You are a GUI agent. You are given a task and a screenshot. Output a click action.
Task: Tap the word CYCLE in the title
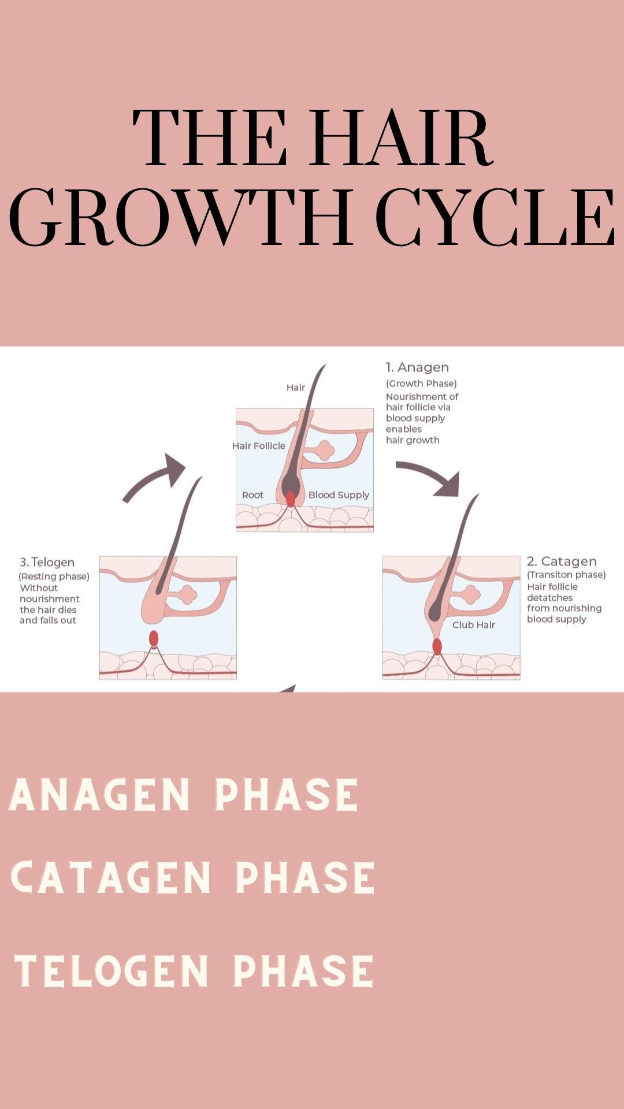tap(495, 217)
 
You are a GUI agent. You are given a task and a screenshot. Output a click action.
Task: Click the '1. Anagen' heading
tap(417, 367)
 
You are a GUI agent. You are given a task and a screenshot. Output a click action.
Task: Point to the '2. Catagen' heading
tap(562, 561)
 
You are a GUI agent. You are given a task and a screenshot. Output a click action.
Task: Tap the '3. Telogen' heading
tap(47, 562)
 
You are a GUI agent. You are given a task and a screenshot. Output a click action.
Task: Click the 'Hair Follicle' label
tap(259, 446)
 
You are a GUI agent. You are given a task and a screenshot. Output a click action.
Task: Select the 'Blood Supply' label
tap(339, 495)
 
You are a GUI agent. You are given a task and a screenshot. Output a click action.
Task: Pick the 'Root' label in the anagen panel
tap(252, 495)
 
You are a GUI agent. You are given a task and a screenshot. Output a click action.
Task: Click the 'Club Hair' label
tap(474, 625)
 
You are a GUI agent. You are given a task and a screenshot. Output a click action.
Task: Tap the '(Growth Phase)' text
tap(421, 384)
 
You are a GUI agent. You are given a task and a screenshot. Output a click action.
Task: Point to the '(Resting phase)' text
tap(54, 576)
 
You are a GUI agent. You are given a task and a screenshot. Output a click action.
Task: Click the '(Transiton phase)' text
tap(566, 575)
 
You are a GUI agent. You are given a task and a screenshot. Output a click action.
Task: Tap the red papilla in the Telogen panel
tap(154, 639)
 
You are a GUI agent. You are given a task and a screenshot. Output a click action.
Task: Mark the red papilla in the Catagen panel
tap(437, 646)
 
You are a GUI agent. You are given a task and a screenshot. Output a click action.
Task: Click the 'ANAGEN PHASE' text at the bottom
tap(184, 795)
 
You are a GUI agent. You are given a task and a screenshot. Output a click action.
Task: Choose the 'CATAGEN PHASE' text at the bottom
tap(193, 877)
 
